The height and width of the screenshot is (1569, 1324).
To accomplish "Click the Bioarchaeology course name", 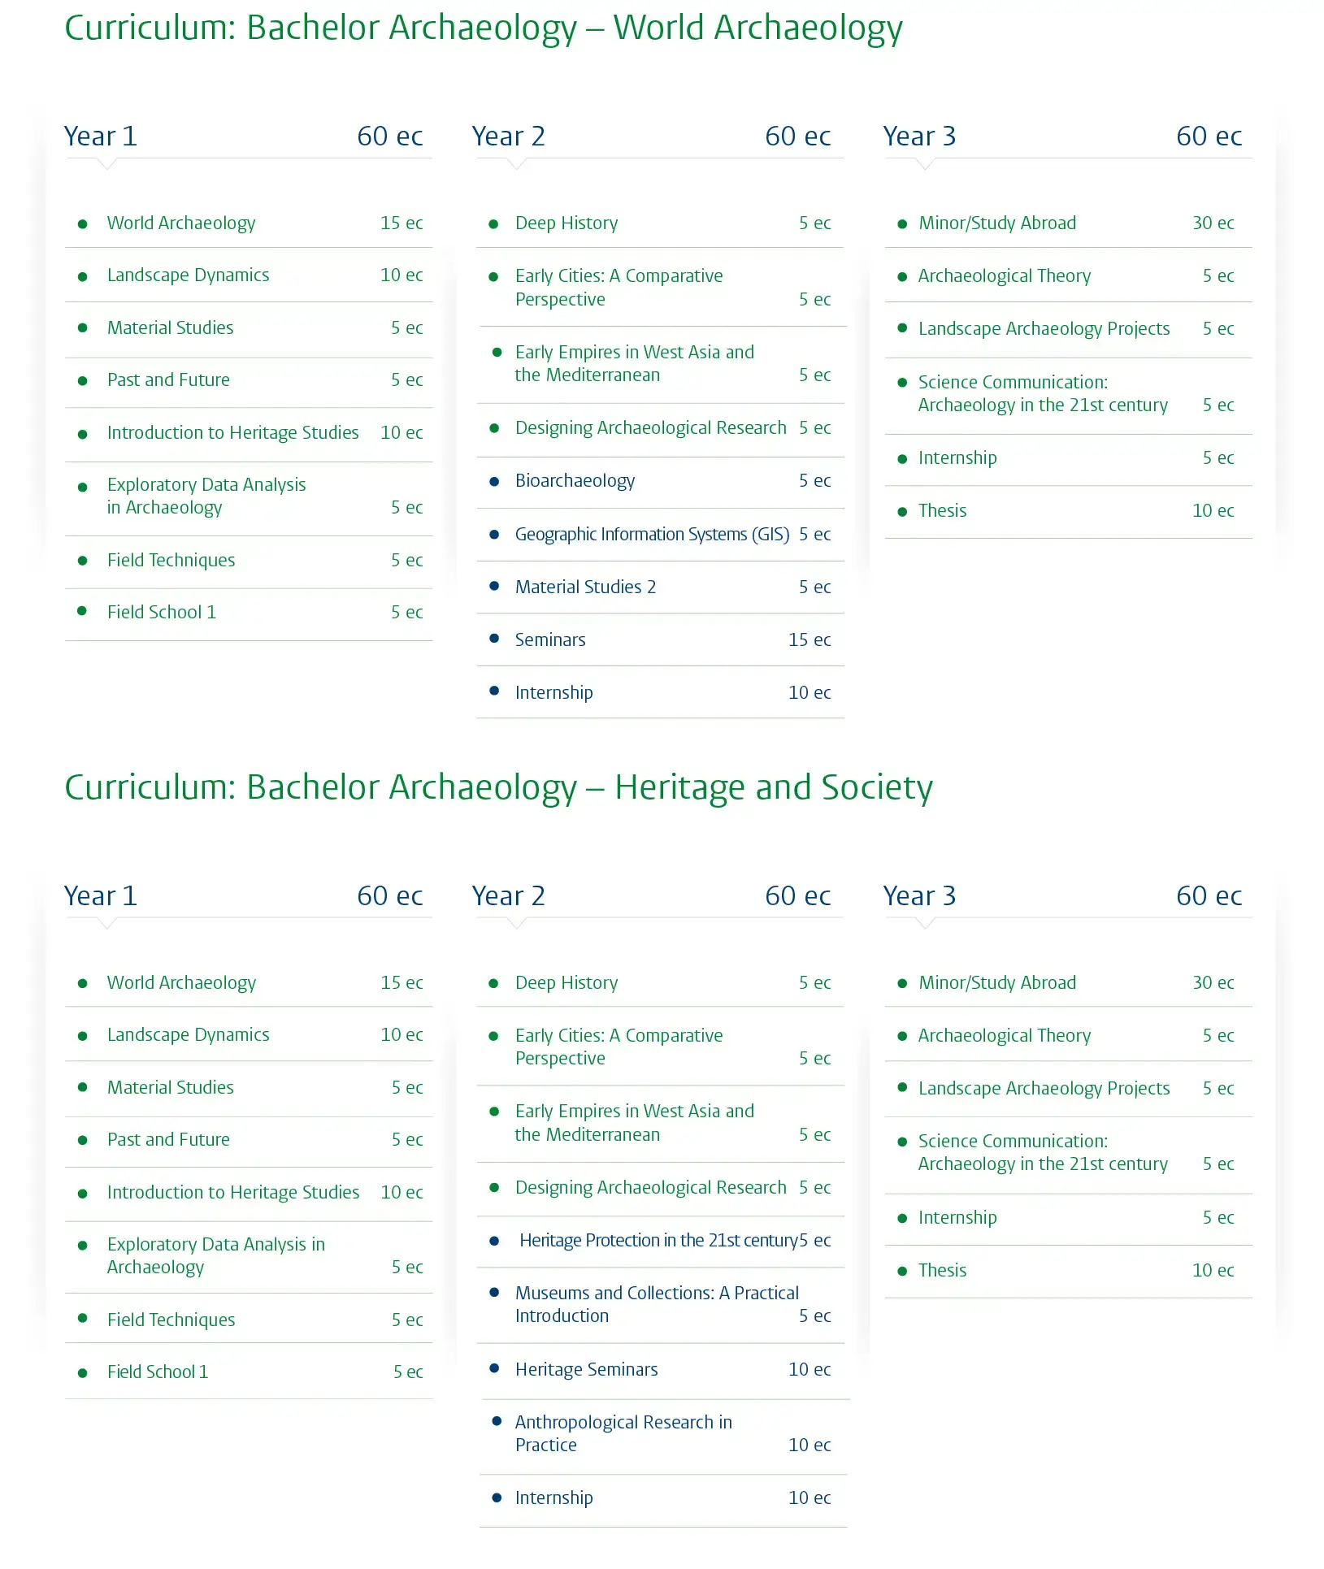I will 575,481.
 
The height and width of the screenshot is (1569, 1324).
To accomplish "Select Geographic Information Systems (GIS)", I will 652,535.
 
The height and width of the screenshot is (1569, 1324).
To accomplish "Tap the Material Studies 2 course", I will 585,587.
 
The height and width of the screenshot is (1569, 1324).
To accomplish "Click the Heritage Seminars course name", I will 586,1370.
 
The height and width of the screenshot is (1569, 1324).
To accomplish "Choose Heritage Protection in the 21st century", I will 658,1241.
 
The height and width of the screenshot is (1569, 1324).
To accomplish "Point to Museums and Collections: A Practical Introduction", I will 656,1304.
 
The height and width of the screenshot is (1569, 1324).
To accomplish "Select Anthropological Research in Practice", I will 623,1433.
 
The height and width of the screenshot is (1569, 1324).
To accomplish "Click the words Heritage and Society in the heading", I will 773,787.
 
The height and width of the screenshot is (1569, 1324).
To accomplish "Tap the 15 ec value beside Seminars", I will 809,640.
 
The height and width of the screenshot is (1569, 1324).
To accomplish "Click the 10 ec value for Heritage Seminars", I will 809,1370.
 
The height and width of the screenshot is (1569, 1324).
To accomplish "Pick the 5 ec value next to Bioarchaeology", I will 814,481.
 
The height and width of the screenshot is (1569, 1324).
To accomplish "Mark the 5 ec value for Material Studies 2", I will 814,587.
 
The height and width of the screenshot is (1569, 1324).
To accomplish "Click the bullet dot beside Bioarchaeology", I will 494,482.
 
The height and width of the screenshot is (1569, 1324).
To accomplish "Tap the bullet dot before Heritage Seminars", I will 494,1369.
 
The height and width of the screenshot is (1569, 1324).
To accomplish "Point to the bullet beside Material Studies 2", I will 494,586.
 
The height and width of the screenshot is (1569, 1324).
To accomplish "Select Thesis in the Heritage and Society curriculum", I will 942,1271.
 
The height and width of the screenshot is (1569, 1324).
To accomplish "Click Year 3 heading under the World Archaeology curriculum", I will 919,137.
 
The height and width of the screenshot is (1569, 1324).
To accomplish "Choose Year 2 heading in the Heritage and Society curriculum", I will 508,896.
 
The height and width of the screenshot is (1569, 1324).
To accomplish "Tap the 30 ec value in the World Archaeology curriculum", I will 1213,223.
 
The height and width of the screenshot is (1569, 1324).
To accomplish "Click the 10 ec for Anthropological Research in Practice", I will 809,1445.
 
